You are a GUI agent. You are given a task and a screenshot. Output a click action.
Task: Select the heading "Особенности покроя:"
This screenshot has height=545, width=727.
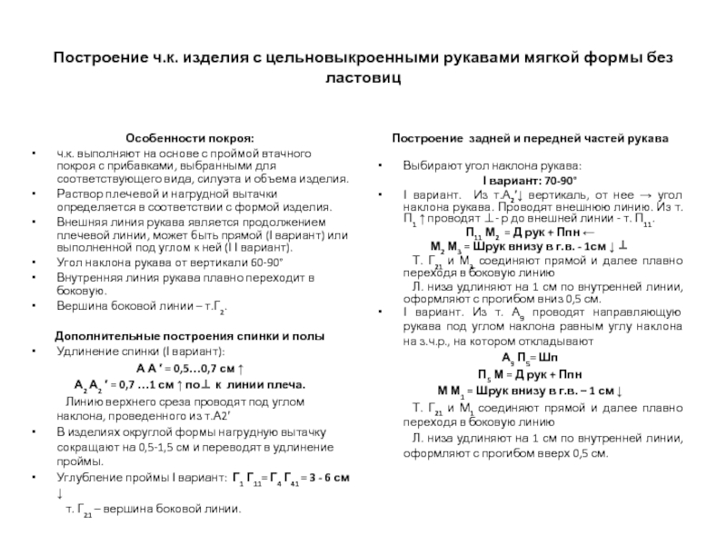pyautogui.click(x=189, y=139)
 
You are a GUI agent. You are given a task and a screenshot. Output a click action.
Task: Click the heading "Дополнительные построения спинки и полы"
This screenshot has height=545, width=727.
pyautogui.click(x=188, y=335)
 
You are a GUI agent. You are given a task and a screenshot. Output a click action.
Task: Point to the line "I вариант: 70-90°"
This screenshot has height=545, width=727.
pyautogui.click(x=533, y=181)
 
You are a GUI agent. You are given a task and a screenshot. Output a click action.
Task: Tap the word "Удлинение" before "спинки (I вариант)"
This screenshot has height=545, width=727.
pyautogui.click(x=87, y=351)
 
